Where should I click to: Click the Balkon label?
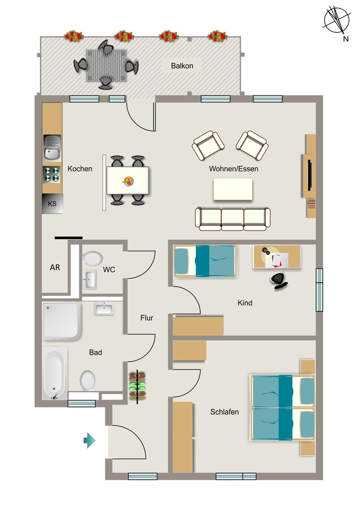point(182,66)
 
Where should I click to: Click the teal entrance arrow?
point(90,440)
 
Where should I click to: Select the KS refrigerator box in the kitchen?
point(52,203)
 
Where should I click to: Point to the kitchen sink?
point(52,148)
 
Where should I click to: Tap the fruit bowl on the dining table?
point(128,181)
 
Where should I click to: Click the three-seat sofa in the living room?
point(232,219)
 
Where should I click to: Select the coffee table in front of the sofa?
point(233,189)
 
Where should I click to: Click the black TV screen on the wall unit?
point(310,174)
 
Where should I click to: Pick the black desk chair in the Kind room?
point(279,280)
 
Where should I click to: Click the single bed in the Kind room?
point(204,261)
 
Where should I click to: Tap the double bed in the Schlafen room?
point(282,408)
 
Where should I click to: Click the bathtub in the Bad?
point(55,373)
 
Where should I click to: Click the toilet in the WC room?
point(92,258)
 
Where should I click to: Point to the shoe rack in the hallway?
point(137,386)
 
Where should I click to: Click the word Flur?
point(147,318)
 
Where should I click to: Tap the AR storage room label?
point(55,267)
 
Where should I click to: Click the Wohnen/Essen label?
point(234,169)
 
